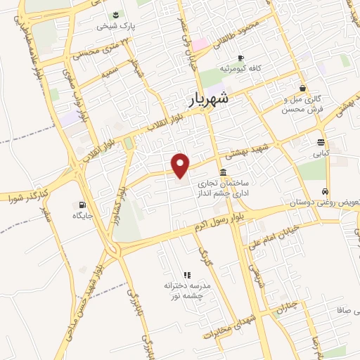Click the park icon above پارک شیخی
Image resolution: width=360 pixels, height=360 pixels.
click(x=115, y=13)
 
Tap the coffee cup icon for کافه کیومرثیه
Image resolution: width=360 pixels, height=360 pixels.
click(x=240, y=58)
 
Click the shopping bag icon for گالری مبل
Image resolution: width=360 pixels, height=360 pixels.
click(x=302, y=88)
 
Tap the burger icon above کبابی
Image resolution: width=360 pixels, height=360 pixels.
click(x=321, y=141)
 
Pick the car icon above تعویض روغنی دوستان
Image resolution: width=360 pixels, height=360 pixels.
click(x=324, y=191)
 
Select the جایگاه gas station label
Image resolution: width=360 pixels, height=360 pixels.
click(x=82, y=215)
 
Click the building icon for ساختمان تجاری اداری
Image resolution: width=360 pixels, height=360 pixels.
click(x=223, y=172)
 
